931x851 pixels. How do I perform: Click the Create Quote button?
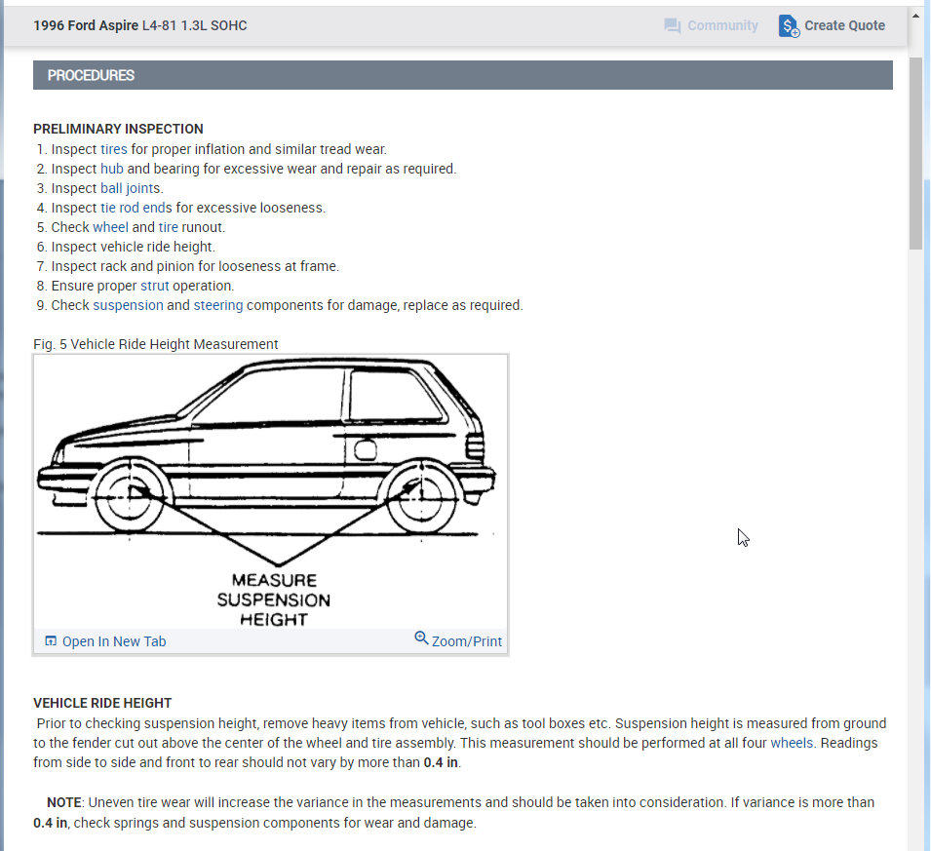click(833, 26)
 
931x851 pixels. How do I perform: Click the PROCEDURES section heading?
click(91, 75)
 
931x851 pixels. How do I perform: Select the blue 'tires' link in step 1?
click(114, 149)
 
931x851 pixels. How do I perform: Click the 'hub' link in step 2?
click(112, 169)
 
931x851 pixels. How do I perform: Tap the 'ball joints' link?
click(132, 188)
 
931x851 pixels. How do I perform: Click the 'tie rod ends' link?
click(136, 208)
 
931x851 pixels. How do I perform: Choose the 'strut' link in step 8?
click(154, 286)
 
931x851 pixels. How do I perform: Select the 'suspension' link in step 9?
click(128, 305)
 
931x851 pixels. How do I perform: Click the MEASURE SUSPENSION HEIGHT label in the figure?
click(274, 600)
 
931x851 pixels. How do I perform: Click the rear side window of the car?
click(395, 395)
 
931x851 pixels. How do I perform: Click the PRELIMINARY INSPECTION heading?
click(118, 129)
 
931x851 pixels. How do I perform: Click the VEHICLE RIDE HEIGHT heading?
click(102, 703)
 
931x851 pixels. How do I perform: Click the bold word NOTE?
click(63, 802)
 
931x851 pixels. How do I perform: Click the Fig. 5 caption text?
click(155, 344)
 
